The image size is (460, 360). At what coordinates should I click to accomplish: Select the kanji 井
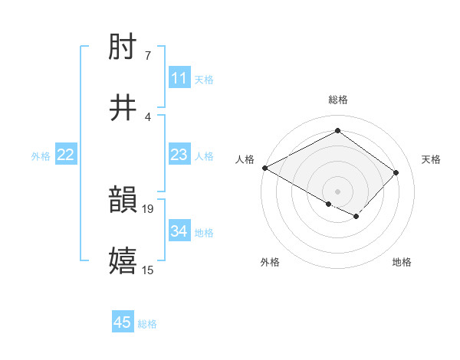click(x=123, y=108)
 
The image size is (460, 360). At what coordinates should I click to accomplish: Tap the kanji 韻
click(x=123, y=200)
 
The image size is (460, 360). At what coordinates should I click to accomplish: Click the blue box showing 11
click(x=179, y=78)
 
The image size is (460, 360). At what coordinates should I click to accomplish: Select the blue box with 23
click(x=179, y=155)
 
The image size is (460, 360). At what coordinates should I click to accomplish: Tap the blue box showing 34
click(x=179, y=231)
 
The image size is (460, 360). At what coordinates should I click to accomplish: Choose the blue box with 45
click(x=123, y=322)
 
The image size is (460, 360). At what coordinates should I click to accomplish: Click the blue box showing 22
click(x=66, y=155)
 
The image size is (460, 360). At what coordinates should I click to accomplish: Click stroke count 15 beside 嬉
click(x=149, y=270)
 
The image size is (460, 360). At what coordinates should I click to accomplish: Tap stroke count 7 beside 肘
click(x=147, y=55)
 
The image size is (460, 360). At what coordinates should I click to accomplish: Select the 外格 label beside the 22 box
click(x=41, y=155)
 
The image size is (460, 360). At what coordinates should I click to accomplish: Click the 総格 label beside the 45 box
click(x=147, y=324)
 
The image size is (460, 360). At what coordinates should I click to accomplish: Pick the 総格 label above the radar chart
click(x=337, y=100)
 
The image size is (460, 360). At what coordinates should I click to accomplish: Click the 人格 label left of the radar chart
click(x=245, y=159)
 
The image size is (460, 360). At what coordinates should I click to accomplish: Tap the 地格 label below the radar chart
click(x=402, y=263)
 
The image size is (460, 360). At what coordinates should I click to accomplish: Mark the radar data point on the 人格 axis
click(x=264, y=168)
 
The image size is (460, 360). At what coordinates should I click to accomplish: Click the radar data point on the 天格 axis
click(x=396, y=172)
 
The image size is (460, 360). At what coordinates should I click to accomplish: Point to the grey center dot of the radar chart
click(x=337, y=191)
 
